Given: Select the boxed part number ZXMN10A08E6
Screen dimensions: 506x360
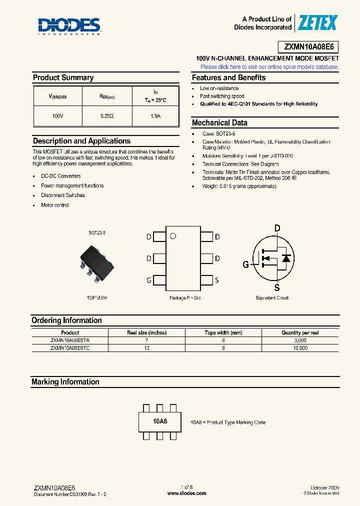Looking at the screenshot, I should [x=311, y=47].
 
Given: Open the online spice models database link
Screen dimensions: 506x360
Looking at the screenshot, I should [x=269, y=66].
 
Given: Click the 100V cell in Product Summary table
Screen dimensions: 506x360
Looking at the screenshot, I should [x=58, y=116].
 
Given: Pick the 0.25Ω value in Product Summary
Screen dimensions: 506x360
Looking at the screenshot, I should [x=107, y=116].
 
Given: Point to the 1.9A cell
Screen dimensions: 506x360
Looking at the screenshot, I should [x=155, y=116].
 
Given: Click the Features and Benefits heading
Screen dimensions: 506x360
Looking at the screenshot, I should [x=229, y=78].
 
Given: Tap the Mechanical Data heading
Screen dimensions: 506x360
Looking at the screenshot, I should [x=219, y=123].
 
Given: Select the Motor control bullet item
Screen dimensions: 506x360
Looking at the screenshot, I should [x=55, y=205].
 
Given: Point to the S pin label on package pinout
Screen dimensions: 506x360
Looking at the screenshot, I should [x=217, y=280].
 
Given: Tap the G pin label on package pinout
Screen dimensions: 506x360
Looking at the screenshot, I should [x=149, y=280].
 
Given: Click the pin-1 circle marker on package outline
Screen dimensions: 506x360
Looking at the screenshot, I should [x=173, y=236].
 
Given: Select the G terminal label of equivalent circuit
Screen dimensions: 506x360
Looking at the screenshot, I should [x=245, y=264].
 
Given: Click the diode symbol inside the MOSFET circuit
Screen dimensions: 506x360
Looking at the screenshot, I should [x=286, y=258].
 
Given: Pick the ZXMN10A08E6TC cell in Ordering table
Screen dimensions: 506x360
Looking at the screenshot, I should [x=70, y=347].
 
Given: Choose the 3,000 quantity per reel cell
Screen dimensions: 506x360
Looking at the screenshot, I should [x=300, y=340].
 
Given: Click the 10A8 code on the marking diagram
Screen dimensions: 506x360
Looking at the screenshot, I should [x=160, y=421].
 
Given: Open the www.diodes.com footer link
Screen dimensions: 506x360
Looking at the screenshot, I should [x=186, y=493].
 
